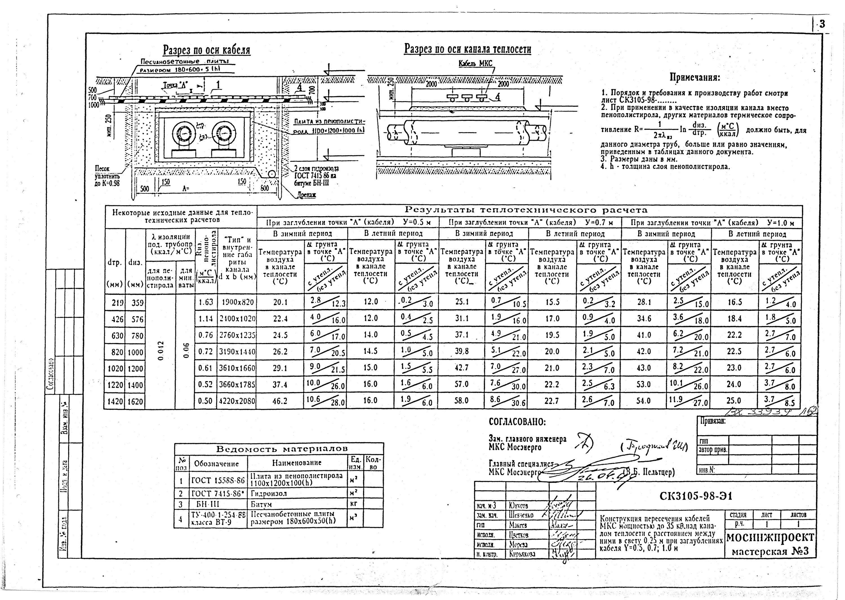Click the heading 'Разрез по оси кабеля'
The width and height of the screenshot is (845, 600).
(207, 50)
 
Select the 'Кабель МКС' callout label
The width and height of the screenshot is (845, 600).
(475, 63)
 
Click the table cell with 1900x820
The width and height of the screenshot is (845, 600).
(237, 302)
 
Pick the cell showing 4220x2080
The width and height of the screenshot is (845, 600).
(237, 401)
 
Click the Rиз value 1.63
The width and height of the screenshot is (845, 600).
(206, 302)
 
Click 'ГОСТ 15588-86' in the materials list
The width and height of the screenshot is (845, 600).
(218, 480)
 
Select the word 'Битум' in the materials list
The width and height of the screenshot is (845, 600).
(261, 504)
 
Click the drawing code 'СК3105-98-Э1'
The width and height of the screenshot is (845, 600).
(695, 497)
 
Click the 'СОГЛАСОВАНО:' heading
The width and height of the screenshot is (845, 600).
(517, 422)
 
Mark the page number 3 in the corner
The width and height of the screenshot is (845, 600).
(822, 25)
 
